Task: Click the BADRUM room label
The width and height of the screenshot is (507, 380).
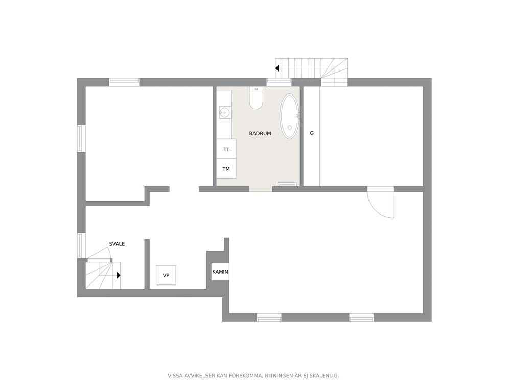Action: click(260, 133)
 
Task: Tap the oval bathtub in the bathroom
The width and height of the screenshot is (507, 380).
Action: click(289, 116)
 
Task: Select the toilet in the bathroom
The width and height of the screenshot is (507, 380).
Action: click(256, 98)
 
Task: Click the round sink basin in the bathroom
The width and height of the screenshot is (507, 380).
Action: click(224, 113)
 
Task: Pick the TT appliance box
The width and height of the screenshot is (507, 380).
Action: click(226, 149)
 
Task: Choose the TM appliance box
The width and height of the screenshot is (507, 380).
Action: click(226, 169)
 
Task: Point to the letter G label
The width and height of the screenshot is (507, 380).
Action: click(312, 133)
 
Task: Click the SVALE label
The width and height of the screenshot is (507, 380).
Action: click(117, 244)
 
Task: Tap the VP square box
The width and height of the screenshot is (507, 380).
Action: click(166, 275)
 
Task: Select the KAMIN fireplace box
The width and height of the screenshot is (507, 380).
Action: click(220, 272)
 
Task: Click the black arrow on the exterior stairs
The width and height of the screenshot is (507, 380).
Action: click(277, 68)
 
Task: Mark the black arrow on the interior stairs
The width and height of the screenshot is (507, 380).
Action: click(119, 275)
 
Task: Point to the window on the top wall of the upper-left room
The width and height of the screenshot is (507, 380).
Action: click(124, 82)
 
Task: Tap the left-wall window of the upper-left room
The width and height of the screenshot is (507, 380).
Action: click(81, 138)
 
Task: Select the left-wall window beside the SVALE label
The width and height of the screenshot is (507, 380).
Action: click(81, 246)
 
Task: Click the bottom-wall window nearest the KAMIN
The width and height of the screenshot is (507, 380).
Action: click(269, 317)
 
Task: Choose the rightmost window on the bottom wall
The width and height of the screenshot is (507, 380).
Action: click(361, 317)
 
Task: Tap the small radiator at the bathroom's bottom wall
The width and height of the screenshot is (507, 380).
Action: click(287, 185)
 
